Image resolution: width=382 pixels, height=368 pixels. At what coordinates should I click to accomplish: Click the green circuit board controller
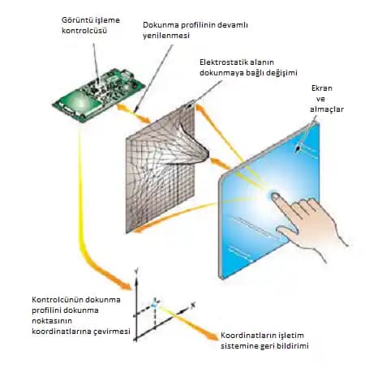[98, 94]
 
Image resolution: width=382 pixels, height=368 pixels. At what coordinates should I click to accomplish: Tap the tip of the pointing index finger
[273, 195]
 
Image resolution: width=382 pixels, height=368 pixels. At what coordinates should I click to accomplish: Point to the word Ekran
[322, 88]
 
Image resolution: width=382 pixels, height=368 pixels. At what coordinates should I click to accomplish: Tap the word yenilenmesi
[166, 36]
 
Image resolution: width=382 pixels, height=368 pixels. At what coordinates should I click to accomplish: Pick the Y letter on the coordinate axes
[136, 270]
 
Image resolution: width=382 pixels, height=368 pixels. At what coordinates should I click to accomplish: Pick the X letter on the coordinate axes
[193, 306]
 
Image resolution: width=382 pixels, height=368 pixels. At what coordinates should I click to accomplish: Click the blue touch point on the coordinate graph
[154, 306]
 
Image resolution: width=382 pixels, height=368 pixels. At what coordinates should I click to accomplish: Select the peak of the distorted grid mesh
[208, 154]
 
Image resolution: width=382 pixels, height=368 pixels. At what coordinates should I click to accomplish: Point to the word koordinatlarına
[58, 332]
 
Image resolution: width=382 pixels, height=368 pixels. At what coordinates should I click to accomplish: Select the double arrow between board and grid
[133, 113]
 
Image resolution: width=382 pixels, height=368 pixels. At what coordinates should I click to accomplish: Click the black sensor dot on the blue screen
[298, 148]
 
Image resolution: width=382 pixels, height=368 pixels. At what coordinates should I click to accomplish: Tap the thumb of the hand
[288, 233]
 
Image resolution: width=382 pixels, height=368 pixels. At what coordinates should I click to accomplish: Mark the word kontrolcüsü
[84, 31]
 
